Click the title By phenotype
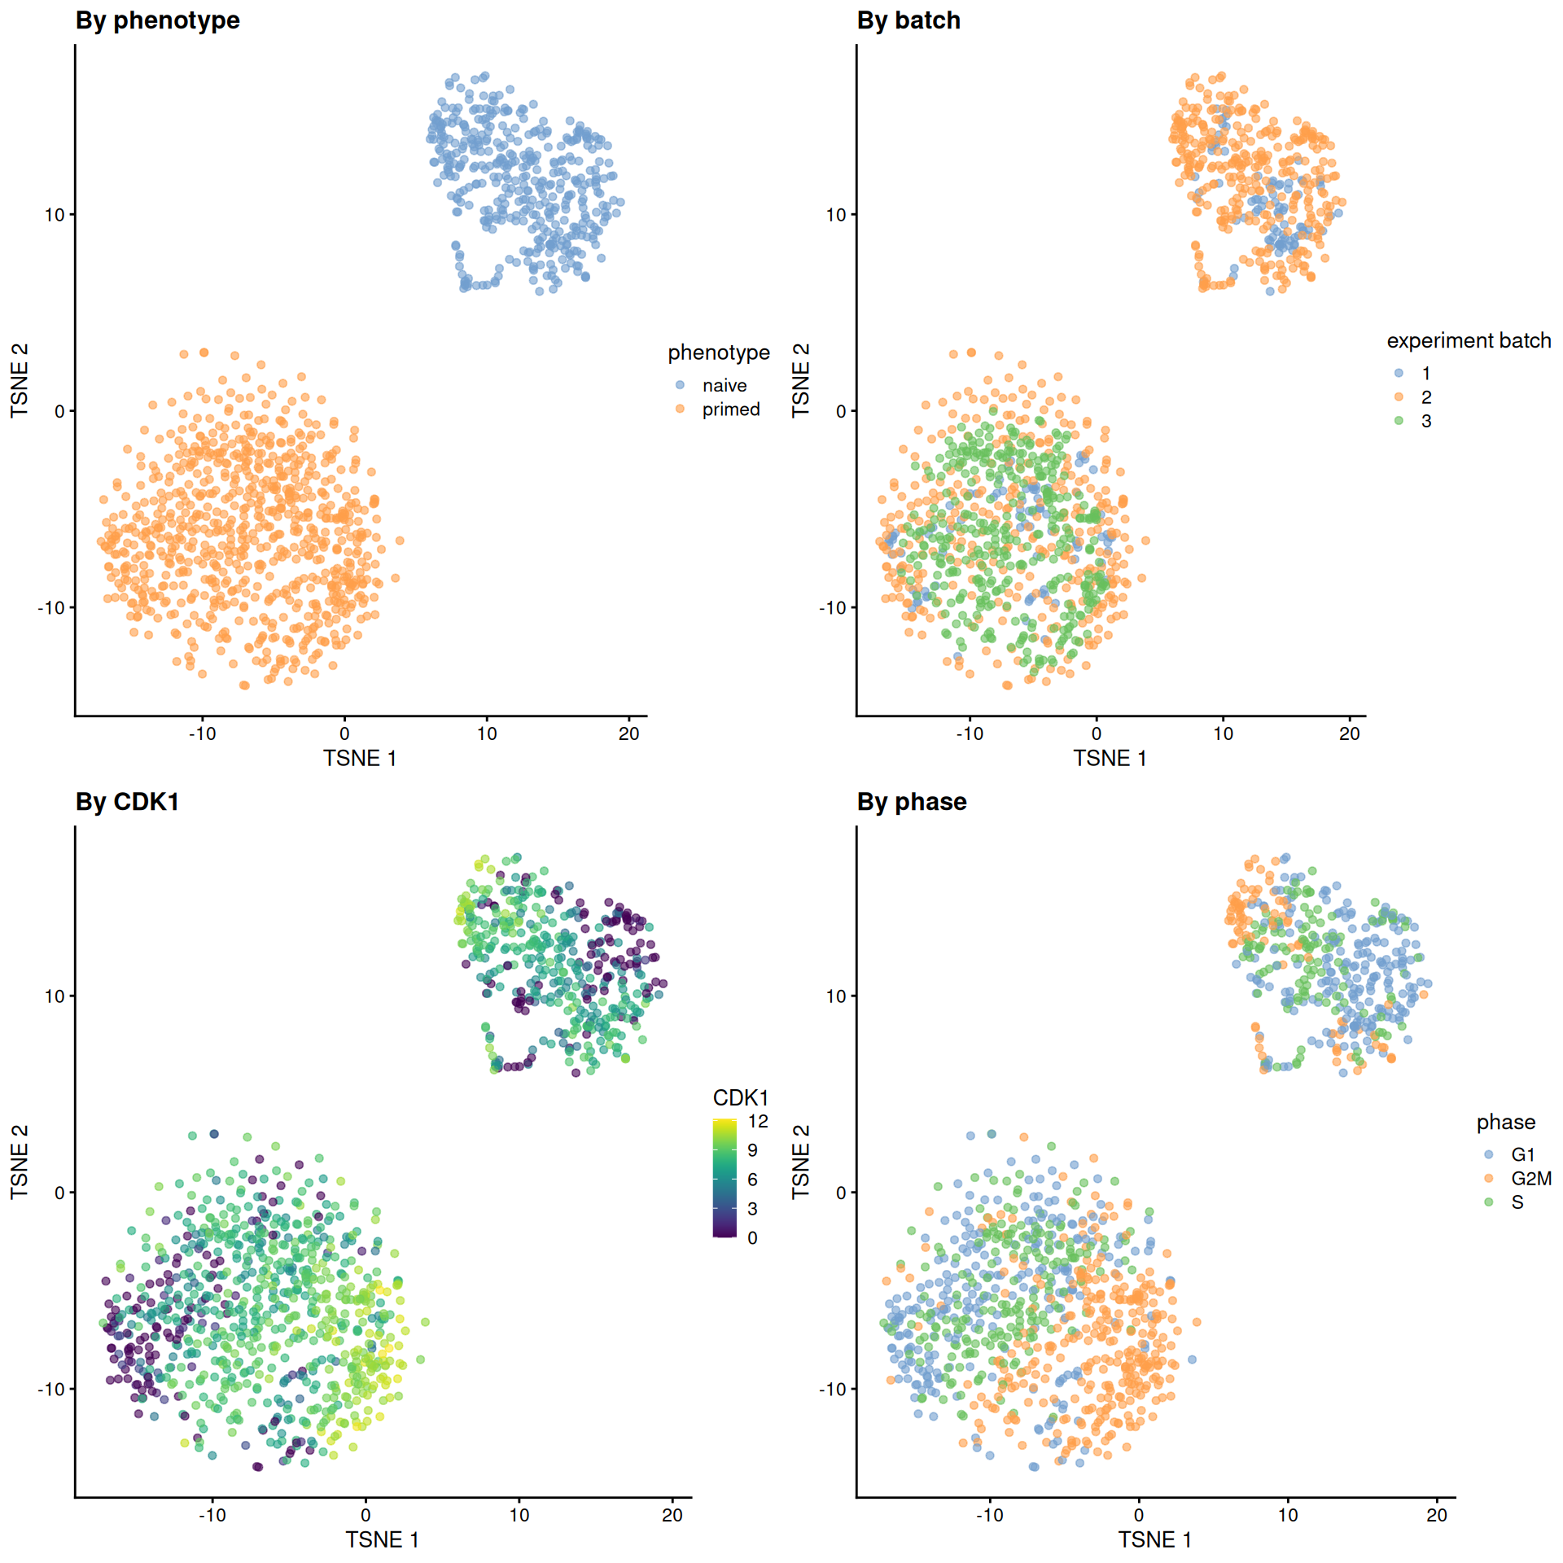pyautogui.click(x=157, y=20)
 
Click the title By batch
pyautogui.click(x=908, y=20)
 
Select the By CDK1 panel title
pyautogui.click(x=127, y=802)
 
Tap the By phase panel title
pyautogui.click(x=911, y=802)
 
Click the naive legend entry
pyautogui.click(x=724, y=385)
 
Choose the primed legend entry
pyautogui.click(x=730, y=409)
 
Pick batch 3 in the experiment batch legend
pyautogui.click(x=1425, y=421)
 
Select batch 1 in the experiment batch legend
pyautogui.click(x=1425, y=374)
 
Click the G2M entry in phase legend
pyautogui.click(x=1530, y=1178)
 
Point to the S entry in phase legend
pyautogui.click(x=1517, y=1202)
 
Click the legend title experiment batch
pyautogui.click(x=1469, y=340)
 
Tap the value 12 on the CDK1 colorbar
pyautogui.click(x=758, y=1121)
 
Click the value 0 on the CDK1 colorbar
pyautogui.click(x=752, y=1238)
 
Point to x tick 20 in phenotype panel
pyautogui.click(x=628, y=733)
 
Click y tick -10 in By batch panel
pyautogui.click(x=834, y=608)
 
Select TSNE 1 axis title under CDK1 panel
pyautogui.click(x=382, y=1539)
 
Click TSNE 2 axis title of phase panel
pyautogui.click(x=801, y=1162)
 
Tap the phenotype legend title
pyautogui.click(x=718, y=352)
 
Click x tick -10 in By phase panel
pyautogui.click(x=989, y=1515)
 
